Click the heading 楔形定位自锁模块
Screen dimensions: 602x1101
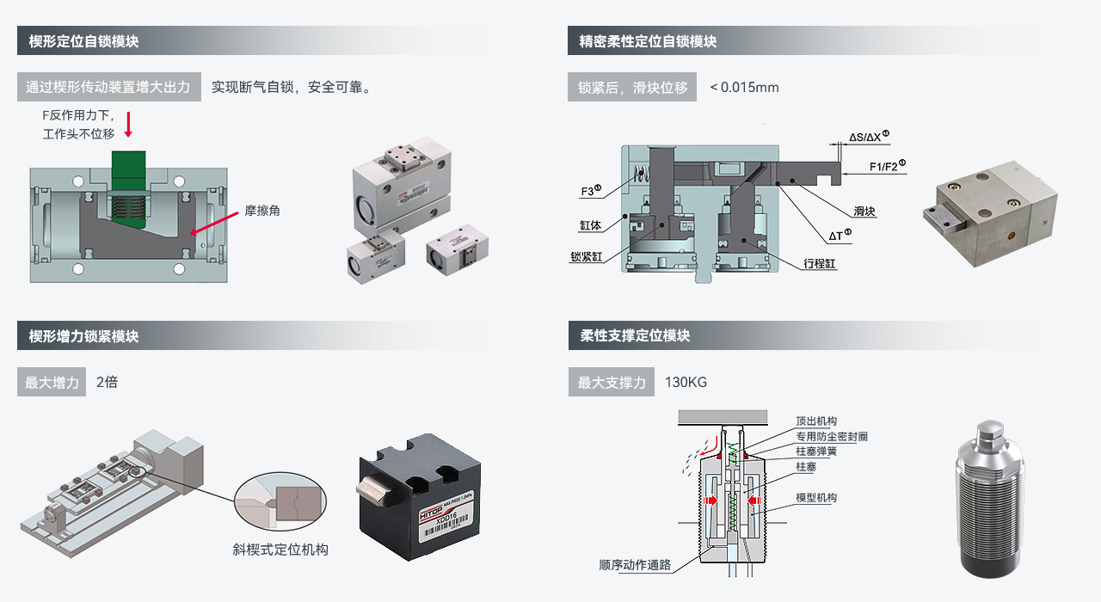click(x=83, y=41)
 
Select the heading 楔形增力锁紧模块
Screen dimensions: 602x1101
click(x=83, y=336)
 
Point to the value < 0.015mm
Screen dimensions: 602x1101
click(x=744, y=87)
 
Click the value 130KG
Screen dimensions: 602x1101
click(x=686, y=382)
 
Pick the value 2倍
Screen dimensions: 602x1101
click(x=107, y=382)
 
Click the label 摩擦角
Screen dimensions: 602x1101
click(x=262, y=211)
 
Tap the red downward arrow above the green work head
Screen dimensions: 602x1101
click(x=128, y=124)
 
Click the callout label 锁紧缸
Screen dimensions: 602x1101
click(x=587, y=256)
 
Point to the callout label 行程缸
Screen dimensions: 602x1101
click(x=820, y=263)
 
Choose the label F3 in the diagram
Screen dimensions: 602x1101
click(x=589, y=191)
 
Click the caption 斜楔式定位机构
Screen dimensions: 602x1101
click(x=280, y=549)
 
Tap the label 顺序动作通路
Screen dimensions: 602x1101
click(x=635, y=565)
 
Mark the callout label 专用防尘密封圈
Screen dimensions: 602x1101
click(x=831, y=436)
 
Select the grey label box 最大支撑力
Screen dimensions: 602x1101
click(x=612, y=382)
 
